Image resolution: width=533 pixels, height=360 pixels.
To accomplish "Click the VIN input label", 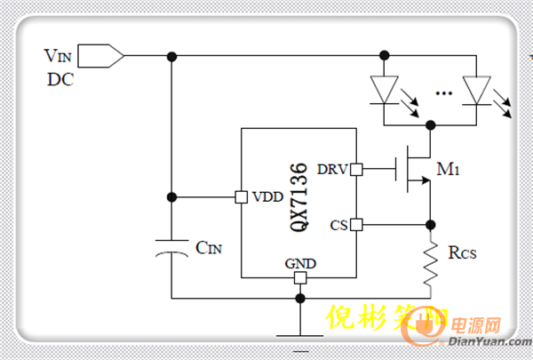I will pos(62,55).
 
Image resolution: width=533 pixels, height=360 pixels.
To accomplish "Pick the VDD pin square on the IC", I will pos(240,196).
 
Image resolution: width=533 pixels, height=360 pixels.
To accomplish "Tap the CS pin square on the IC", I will pos(356,224).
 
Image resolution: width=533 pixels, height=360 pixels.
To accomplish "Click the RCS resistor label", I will pos(462,253).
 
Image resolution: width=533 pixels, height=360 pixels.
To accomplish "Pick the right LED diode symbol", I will pos(476,89).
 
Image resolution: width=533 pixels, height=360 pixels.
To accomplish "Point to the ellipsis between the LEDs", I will pos(444,92).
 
